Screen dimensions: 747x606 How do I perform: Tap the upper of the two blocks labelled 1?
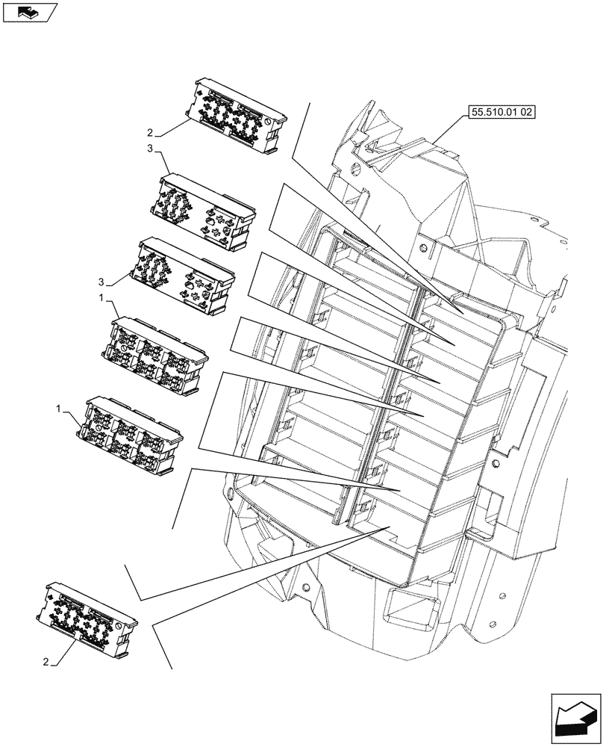click(x=157, y=353)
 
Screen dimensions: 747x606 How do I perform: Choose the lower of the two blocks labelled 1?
click(x=134, y=435)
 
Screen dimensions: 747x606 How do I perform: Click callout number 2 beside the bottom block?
click(x=48, y=662)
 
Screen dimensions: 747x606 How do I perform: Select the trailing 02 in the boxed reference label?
click(x=528, y=114)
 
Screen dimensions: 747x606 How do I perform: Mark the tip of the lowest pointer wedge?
click(x=390, y=527)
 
